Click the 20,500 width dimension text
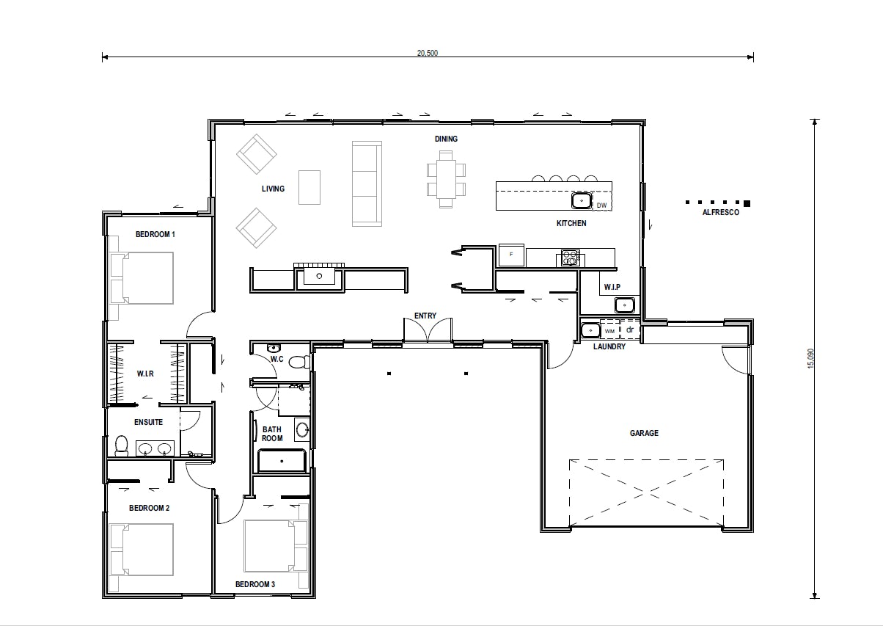click(428, 53)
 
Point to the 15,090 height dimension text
click(810, 358)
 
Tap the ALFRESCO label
click(720, 213)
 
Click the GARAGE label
click(644, 433)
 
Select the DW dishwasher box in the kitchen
click(601, 205)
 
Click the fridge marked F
click(511, 255)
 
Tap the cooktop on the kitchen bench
click(570, 258)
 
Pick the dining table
click(446, 179)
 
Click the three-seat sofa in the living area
click(367, 183)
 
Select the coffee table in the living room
click(309, 187)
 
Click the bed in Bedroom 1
click(142, 278)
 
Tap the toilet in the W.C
click(298, 362)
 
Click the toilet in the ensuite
click(122, 446)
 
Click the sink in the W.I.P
click(624, 305)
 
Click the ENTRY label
click(425, 316)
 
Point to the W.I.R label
click(144, 374)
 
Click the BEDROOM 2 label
click(150, 508)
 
